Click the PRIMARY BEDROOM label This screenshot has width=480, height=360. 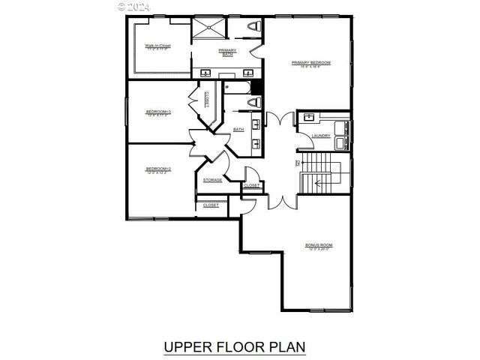[310, 62]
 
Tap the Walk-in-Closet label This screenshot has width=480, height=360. [157, 46]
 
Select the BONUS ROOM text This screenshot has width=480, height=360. [318, 245]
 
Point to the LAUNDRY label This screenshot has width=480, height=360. [321, 136]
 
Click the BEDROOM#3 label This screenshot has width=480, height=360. [158, 112]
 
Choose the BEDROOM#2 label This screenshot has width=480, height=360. [158, 169]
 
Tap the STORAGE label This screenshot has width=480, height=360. [212, 180]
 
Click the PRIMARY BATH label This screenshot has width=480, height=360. [227, 52]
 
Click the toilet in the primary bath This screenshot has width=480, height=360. [253, 26]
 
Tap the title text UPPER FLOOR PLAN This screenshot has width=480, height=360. [234, 347]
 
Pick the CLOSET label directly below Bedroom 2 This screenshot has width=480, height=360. [211, 205]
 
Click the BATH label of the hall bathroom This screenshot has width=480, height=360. [238, 130]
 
